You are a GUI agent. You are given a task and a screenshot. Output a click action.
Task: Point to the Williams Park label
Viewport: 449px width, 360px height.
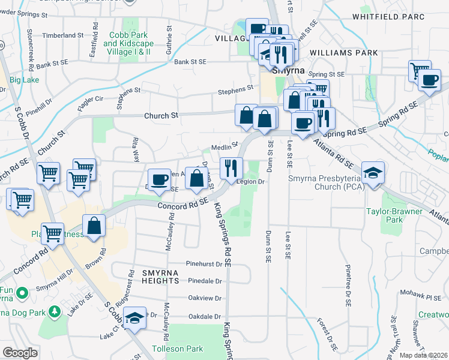tap(344, 53)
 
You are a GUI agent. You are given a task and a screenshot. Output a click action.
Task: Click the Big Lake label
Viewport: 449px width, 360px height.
tap(24, 80)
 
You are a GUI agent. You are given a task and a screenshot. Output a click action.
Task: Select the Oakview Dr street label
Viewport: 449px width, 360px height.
tap(205, 298)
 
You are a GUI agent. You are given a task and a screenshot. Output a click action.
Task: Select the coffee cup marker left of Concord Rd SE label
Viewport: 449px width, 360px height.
tap(159, 179)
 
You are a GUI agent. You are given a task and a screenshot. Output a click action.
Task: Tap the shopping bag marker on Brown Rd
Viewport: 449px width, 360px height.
tap(94, 226)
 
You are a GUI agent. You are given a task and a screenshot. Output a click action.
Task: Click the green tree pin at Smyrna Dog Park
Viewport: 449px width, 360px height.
tap(55, 311)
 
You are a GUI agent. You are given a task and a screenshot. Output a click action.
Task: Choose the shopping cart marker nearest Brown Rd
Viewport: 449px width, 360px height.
tap(53, 233)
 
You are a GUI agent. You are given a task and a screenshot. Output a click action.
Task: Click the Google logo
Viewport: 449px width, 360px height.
tap(20, 353)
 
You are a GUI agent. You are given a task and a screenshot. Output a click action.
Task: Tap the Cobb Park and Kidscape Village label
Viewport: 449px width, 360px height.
tap(128, 43)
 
